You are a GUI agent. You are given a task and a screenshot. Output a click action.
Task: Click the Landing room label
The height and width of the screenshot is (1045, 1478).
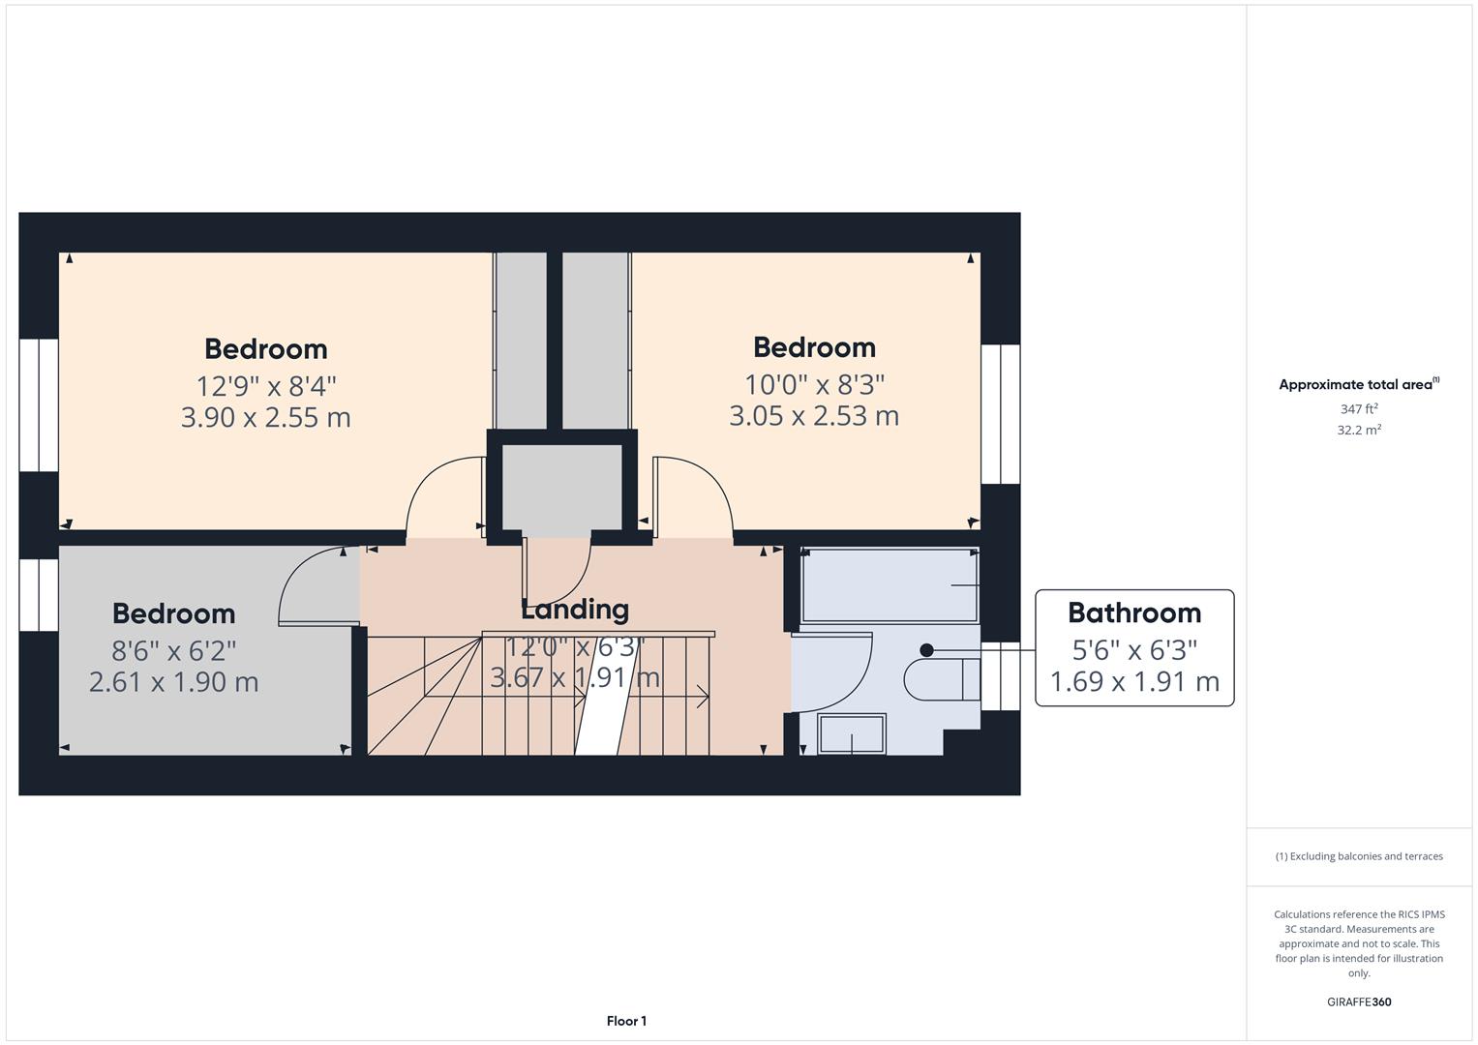pos(575,610)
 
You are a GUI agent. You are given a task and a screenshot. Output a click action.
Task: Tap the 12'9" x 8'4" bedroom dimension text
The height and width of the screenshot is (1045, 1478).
pos(266,386)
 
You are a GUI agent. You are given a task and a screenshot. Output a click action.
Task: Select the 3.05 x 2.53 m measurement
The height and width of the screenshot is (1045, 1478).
pos(813,416)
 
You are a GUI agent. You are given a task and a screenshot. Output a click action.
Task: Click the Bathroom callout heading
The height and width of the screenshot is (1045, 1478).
pos(1134,612)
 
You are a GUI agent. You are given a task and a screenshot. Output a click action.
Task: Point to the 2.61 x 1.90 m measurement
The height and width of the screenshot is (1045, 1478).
pos(174,682)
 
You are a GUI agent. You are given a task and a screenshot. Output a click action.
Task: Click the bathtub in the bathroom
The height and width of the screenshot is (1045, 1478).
pos(890,585)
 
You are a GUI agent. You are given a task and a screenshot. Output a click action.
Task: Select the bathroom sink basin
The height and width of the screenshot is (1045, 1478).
pos(852,732)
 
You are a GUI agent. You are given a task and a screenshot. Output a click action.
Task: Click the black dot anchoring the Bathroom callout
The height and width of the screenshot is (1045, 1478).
pos(926,650)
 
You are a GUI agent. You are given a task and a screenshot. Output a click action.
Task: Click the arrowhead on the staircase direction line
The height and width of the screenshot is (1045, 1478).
pos(704,695)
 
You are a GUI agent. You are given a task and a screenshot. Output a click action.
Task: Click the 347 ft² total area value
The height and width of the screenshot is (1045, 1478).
pos(1359,409)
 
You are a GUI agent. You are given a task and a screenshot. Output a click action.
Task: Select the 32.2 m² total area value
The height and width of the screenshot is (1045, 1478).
pos(1359,431)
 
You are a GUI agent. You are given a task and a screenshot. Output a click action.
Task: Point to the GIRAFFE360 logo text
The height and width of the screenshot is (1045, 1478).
pos(1359,1001)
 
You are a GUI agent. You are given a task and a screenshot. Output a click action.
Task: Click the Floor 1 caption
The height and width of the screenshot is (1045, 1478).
pos(626,1021)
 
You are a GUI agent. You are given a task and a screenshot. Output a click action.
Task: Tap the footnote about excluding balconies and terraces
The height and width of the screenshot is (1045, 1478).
pos(1359,856)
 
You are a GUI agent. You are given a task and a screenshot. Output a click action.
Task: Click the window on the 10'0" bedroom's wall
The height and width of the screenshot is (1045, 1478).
pos(1001,414)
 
